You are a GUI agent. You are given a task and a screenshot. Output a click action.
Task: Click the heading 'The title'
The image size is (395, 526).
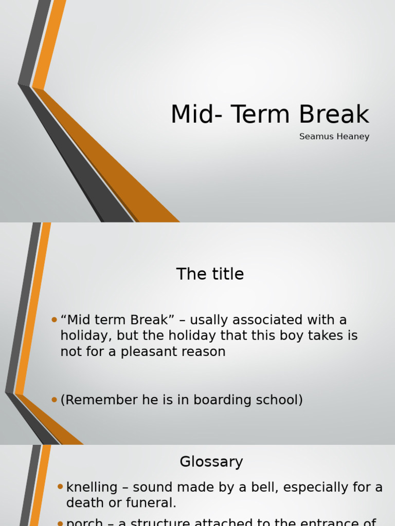[210, 274]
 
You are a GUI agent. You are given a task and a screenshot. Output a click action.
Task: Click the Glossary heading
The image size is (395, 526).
[211, 462]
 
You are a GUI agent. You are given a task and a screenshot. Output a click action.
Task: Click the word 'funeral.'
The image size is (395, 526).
[149, 503]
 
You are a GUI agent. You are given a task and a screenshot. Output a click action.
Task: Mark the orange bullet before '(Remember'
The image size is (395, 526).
[54, 400]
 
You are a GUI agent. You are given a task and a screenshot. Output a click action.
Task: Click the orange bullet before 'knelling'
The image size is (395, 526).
[60, 486]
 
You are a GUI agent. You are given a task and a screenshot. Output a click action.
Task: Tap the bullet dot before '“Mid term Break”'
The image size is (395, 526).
[54, 320]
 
